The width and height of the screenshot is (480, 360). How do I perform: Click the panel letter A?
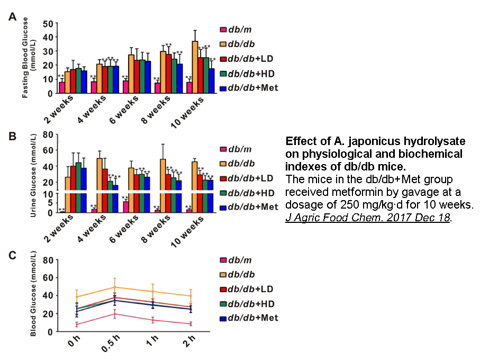click(12, 17)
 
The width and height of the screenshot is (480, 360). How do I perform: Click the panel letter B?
click(12, 136)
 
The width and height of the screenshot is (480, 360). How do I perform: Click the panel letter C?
click(12, 255)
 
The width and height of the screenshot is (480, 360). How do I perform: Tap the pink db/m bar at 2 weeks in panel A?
click(62, 88)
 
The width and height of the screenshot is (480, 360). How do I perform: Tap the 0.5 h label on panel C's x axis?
click(108, 347)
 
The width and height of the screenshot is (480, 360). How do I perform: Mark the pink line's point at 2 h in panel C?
click(191, 323)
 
